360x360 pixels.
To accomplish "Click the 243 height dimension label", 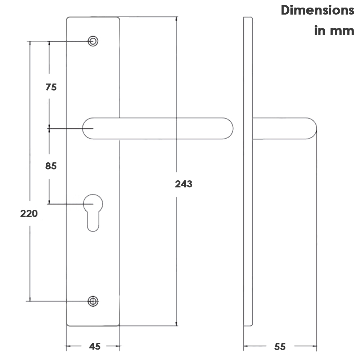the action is coord(184,184).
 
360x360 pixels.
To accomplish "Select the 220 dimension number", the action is coord(29,213).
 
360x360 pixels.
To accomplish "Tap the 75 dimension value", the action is coord(51,87).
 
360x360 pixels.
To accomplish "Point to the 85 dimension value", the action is coord(51,166).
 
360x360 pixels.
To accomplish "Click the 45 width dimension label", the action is coord(95,346).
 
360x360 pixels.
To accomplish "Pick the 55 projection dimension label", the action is coord(280,347).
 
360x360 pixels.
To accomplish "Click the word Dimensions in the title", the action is coord(318,10).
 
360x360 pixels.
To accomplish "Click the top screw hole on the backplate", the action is coord(93,41).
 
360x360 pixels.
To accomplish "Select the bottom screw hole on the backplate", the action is coord(93,301).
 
